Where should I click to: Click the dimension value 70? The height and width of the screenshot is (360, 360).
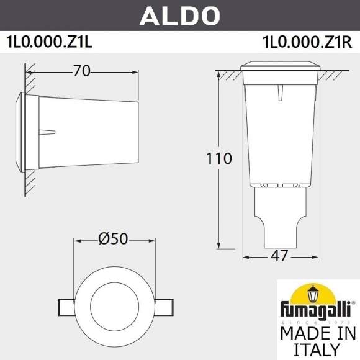click(80, 71)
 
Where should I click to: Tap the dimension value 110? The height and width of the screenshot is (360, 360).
click(219, 158)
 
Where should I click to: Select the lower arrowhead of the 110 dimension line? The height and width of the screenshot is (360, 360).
click(219, 245)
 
